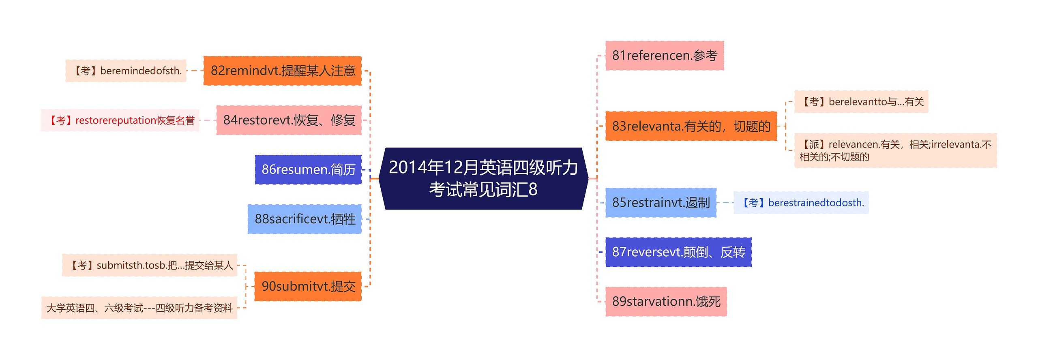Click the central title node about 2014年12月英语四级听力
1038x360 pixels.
pyautogui.click(x=483, y=178)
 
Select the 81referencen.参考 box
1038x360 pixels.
pyautogui.click(x=665, y=56)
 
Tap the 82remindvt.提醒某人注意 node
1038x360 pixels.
pyautogui.click(x=283, y=71)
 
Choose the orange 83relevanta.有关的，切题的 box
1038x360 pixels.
pyautogui.click(x=691, y=126)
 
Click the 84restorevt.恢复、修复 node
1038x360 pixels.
pyautogui.click(x=289, y=120)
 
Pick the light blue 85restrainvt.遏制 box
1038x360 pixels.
pyautogui.click(x=661, y=203)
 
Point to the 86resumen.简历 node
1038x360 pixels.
pyautogui.click(x=308, y=169)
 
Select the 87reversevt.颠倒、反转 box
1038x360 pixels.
pyautogui.click(x=678, y=252)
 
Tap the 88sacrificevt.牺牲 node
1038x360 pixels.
pyautogui.click(x=305, y=219)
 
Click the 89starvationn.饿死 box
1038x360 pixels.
pyautogui.click(x=666, y=302)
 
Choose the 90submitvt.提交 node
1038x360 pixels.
pyautogui.click(x=308, y=286)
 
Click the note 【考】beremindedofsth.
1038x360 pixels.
pyautogui.click(x=126, y=71)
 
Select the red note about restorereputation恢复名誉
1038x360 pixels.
pyautogui.click(x=120, y=120)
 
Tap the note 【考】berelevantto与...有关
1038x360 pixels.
pyautogui.click(x=861, y=102)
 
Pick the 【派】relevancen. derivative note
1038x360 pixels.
pyautogui.click(x=896, y=150)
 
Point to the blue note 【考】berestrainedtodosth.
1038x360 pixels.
pyautogui.click(x=801, y=203)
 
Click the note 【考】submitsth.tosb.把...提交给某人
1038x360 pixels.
pyautogui.click(x=150, y=265)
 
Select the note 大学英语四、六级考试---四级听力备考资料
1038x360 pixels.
pyautogui.click(x=139, y=308)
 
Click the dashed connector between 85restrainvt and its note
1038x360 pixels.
pyautogui.click(x=725, y=203)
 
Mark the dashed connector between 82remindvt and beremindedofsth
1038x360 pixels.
pyautogui.click(x=195, y=71)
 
